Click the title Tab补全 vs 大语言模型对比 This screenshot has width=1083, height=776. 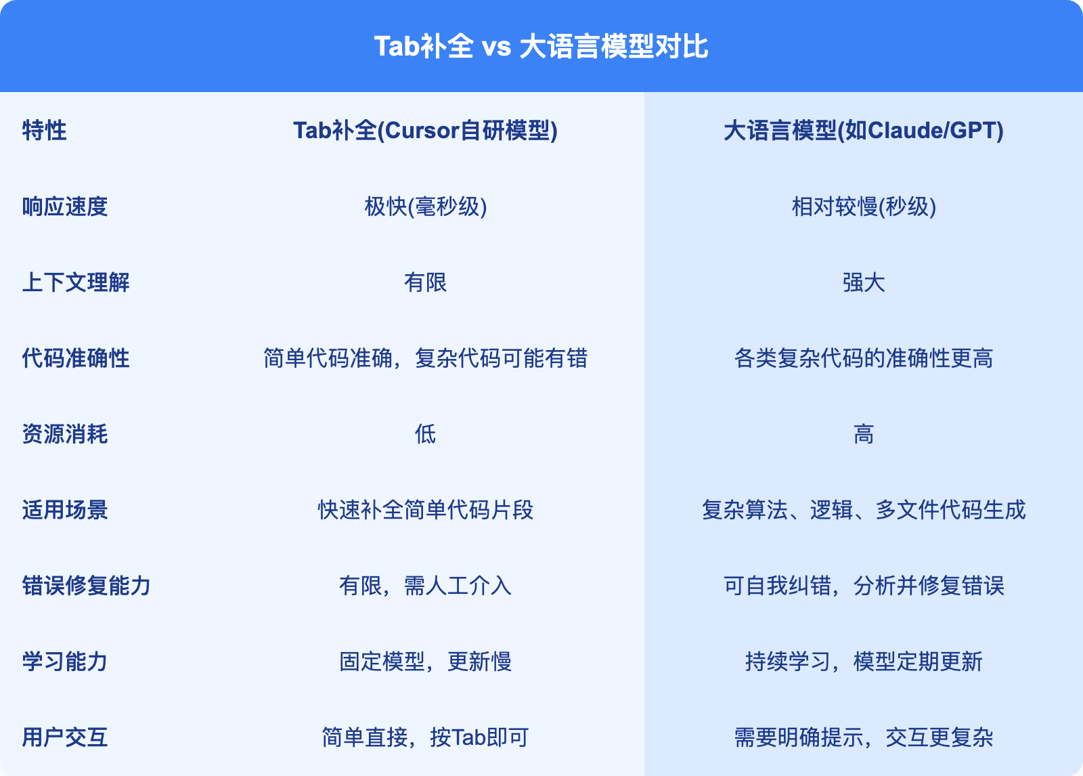click(541, 47)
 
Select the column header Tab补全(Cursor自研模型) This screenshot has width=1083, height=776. click(426, 131)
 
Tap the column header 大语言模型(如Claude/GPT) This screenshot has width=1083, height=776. click(864, 131)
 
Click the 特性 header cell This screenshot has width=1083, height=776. click(44, 131)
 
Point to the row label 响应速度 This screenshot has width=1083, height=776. click(65, 207)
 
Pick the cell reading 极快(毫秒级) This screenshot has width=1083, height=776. click(426, 207)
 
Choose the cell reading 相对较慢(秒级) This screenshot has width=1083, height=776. click(864, 207)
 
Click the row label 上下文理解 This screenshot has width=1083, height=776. click(76, 282)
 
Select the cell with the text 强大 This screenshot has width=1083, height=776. click(864, 282)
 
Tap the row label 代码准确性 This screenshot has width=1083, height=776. click(76, 358)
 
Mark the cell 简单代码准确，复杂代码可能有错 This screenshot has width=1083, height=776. click(426, 358)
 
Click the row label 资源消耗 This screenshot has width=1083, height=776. click(65, 434)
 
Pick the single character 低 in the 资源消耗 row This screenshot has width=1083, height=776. click(426, 434)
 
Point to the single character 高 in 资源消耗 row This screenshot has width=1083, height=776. click(864, 434)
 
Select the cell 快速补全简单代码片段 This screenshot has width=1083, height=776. click(426, 510)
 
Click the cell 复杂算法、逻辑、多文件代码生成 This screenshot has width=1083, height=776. click(864, 510)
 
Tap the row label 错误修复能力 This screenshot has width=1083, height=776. click(87, 586)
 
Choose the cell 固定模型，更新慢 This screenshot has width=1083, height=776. click(426, 662)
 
